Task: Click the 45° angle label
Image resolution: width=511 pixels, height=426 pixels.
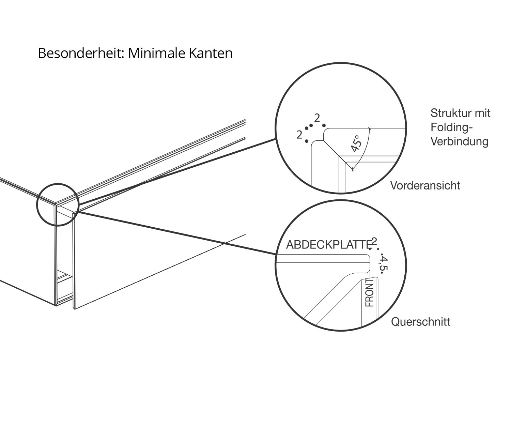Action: coord(356,143)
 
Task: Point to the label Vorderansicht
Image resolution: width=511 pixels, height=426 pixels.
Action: coord(425,185)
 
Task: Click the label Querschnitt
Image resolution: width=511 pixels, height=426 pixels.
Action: coord(420,322)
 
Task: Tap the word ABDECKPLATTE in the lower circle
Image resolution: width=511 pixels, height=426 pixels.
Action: coord(328,245)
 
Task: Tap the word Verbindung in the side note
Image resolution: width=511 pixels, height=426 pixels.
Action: coord(459,141)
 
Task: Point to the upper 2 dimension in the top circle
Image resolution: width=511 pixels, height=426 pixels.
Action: coord(317,118)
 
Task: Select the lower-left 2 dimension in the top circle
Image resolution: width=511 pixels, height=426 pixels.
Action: coord(299,135)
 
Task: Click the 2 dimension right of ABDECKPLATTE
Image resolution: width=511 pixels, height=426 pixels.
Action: coord(375,241)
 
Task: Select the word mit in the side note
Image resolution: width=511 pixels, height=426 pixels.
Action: coord(483,113)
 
